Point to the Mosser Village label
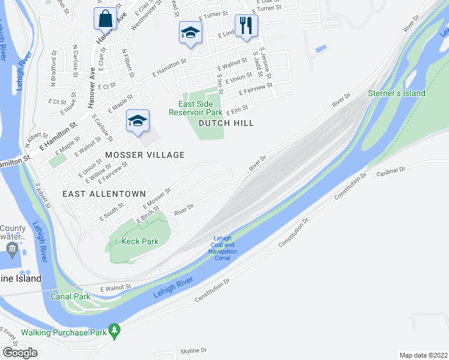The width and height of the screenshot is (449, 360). (x=145, y=155)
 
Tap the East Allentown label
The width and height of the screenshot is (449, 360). (x=104, y=194)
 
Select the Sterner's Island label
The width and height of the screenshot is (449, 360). (x=397, y=93)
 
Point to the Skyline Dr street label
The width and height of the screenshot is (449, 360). (x=193, y=350)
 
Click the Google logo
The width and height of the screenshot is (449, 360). (x=20, y=353)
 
